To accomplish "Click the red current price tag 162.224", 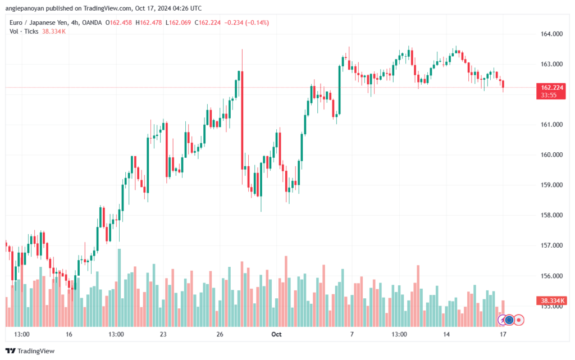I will coord(552,88).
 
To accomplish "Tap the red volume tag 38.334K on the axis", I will coord(552,301).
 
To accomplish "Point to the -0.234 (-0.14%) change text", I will coord(247,22).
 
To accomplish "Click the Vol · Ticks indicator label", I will coord(24,31).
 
